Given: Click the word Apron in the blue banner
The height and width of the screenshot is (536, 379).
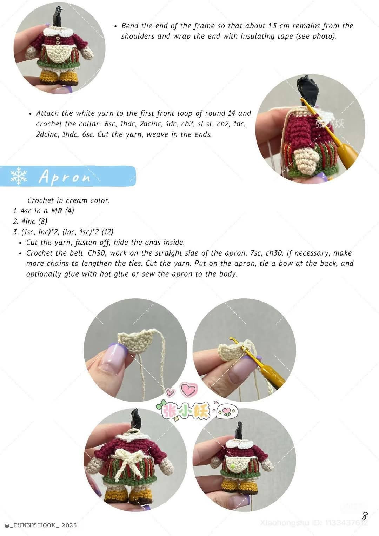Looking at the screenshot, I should pyautogui.click(x=65, y=177).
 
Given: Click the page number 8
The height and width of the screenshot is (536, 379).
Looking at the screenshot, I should pyautogui.click(x=365, y=516).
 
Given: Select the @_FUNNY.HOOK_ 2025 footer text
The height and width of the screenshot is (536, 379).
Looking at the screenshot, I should pyautogui.click(x=41, y=525).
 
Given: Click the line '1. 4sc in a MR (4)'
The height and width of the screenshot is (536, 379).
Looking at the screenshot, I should pyautogui.click(x=44, y=211).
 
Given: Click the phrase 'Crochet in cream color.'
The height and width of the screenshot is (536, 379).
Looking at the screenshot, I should pyautogui.click(x=68, y=201).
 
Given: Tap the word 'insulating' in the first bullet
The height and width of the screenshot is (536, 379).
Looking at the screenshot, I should pyautogui.click(x=258, y=37).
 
